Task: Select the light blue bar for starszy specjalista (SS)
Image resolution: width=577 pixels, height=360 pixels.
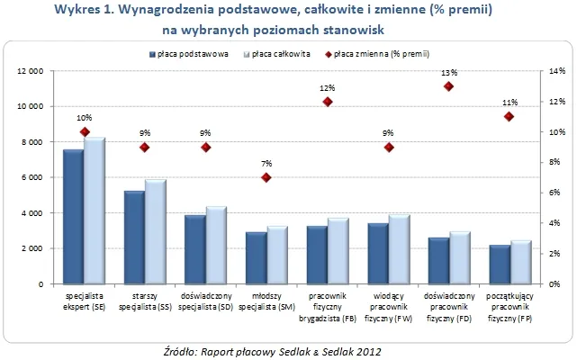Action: coord(156,231)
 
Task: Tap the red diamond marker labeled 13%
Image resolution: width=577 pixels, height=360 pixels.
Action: coord(448,86)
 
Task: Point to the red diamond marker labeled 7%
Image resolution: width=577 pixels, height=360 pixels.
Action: coord(266,177)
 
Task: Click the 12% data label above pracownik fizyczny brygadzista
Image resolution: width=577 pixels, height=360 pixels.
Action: coord(327,88)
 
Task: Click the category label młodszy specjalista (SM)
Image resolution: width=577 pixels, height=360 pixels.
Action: coord(266,301)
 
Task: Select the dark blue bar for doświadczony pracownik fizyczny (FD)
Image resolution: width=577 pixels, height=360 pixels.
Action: coord(438,261)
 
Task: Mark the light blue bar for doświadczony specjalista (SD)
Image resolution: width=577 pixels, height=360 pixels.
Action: coord(216,245)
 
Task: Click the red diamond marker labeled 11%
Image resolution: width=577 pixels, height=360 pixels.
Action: coord(509,116)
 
